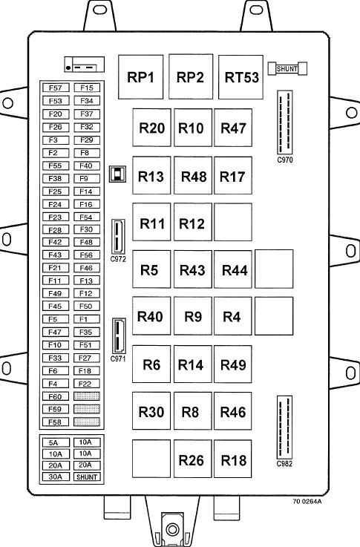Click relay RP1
[x=140, y=77]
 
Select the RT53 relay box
[x=240, y=77]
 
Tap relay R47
[x=233, y=128]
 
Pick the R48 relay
[x=193, y=175]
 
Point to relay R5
[x=151, y=269]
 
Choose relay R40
[x=151, y=316]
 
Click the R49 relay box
[x=233, y=364]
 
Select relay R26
[x=193, y=459]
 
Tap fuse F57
[x=56, y=88]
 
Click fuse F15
[x=87, y=88]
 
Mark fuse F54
[x=87, y=217]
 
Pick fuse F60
[x=56, y=396]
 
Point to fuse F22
[x=87, y=384]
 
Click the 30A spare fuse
[x=56, y=476]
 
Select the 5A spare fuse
[x=56, y=442]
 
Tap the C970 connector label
[x=285, y=160]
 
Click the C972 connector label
[x=118, y=259]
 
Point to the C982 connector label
[x=284, y=464]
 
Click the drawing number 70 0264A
[x=307, y=502]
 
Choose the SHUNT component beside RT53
[x=287, y=69]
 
